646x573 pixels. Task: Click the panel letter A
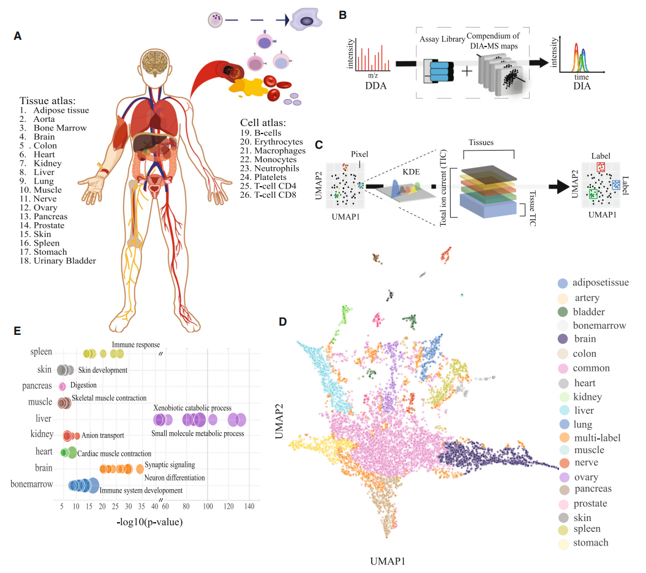18,36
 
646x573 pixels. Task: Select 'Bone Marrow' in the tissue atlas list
60,128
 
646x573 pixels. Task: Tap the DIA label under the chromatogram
582,87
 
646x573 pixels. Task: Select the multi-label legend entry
598,438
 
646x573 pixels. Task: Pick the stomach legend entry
590,543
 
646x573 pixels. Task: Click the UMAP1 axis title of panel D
389,560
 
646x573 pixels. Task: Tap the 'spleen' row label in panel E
42,353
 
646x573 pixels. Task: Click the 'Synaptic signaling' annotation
170,465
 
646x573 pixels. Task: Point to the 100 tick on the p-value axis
208,506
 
